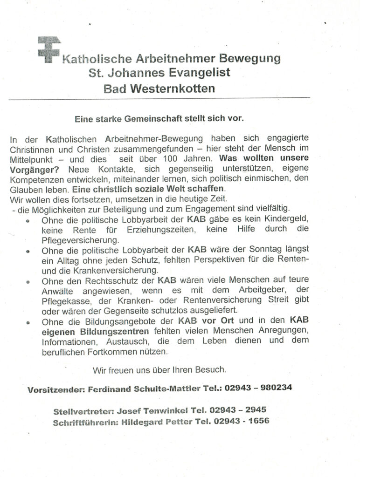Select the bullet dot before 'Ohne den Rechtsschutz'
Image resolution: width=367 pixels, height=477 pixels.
[x=30, y=283]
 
